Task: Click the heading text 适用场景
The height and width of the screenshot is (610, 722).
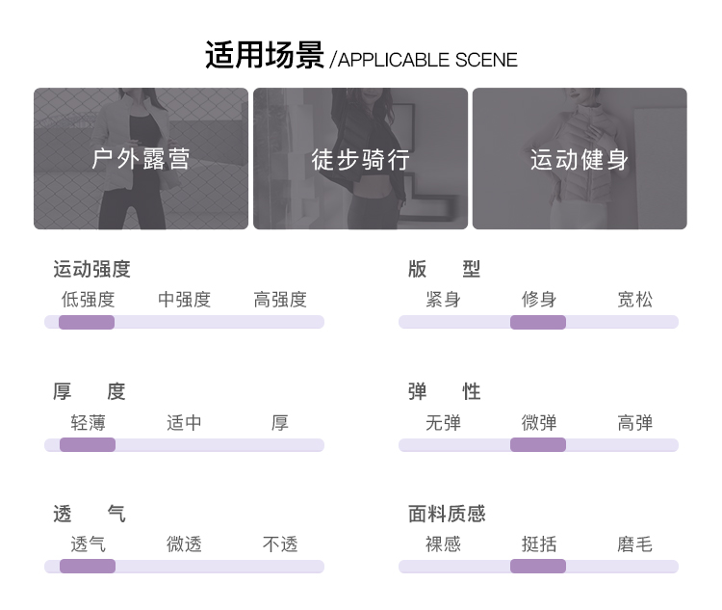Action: tap(265, 56)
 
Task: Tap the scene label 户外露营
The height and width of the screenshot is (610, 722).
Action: tap(141, 159)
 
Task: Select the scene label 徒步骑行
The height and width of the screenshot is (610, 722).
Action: tap(360, 159)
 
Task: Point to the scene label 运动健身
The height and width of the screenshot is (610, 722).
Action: tap(580, 159)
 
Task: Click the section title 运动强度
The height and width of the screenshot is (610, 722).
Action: tap(91, 270)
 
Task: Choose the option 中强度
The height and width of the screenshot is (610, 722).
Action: tap(184, 300)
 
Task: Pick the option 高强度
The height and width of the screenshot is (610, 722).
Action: tap(280, 300)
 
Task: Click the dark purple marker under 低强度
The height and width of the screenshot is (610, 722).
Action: tap(87, 322)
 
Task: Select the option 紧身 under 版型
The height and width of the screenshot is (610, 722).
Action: tap(443, 300)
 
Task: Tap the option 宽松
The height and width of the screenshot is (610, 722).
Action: tap(634, 300)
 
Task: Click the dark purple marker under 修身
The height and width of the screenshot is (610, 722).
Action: tap(538, 322)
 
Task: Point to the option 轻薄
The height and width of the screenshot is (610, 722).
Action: tap(88, 422)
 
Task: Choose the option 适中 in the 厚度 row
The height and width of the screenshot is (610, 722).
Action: tap(184, 422)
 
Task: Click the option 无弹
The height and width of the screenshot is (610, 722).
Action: tap(443, 422)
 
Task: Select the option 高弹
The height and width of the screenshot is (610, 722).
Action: tap(634, 422)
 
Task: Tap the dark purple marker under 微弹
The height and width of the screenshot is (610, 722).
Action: tap(538, 444)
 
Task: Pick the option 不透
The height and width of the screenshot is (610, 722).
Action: tap(280, 544)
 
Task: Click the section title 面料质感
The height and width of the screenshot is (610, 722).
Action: tap(447, 515)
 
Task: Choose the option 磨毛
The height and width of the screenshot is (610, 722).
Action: tap(634, 544)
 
